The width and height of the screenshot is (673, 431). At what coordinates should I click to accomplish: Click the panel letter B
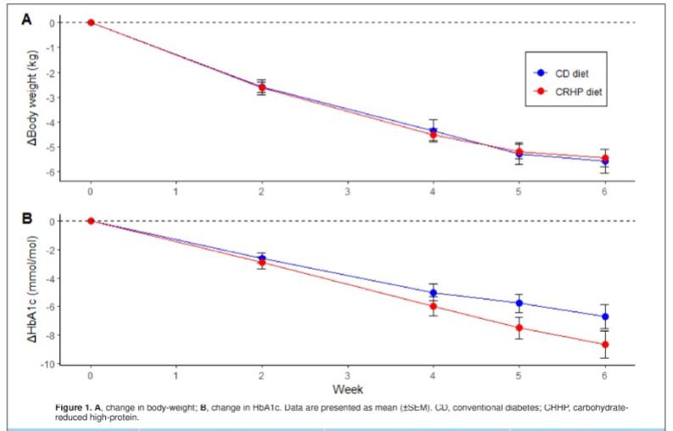(x=25, y=217)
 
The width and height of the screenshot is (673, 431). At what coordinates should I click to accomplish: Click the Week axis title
(x=348, y=389)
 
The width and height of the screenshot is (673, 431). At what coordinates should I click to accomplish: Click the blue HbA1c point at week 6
(x=604, y=316)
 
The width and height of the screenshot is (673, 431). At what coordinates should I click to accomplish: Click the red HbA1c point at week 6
(x=604, y=344)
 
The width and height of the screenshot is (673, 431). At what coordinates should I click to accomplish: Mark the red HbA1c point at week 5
(x=519, y=328)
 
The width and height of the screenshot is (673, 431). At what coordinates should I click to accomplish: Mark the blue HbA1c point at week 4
(x=433, y=293)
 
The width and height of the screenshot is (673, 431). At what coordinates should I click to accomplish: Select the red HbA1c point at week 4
(x=433, y=306)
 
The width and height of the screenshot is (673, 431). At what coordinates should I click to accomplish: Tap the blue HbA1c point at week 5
(x=519, y=303)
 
